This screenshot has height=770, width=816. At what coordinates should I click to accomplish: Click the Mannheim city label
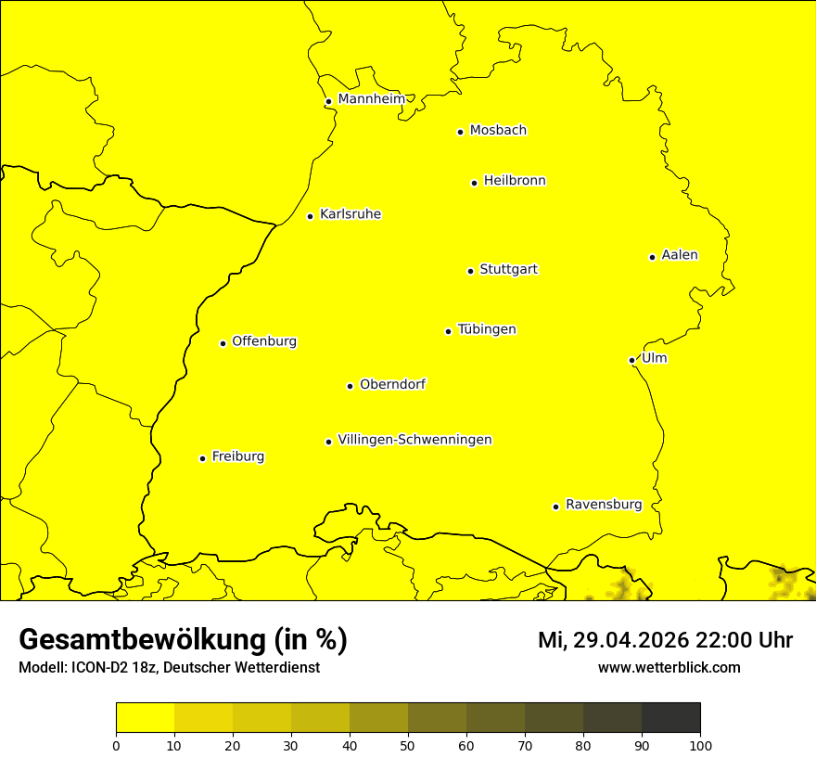371,99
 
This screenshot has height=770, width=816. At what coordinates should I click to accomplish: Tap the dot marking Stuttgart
470,271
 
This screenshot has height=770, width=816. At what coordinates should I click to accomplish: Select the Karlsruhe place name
351,214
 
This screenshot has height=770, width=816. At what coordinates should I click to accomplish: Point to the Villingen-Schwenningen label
414,440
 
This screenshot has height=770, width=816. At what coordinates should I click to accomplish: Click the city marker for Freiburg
202,458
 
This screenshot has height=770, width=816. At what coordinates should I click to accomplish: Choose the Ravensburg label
604,505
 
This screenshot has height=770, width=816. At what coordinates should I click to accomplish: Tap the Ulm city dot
631,360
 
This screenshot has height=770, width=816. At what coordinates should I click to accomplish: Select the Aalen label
680,255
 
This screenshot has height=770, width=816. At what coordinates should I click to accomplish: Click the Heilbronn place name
515,181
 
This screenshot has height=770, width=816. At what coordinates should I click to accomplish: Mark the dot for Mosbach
460,132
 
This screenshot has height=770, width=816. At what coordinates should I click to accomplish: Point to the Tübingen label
487,329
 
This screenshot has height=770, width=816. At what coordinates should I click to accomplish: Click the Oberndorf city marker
350,386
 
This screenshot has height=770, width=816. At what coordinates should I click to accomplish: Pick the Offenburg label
264,341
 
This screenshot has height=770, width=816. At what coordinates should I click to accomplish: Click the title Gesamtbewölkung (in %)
183,640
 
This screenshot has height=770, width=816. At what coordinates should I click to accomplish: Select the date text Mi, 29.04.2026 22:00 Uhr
665,640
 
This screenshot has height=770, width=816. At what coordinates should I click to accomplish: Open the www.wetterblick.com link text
669,667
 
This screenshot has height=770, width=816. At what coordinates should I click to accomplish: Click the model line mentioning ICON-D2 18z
169,667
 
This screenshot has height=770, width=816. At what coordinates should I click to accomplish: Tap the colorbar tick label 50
408,745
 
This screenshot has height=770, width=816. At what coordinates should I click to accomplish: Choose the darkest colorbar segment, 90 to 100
670,717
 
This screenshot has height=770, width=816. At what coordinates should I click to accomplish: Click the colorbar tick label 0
116,745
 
